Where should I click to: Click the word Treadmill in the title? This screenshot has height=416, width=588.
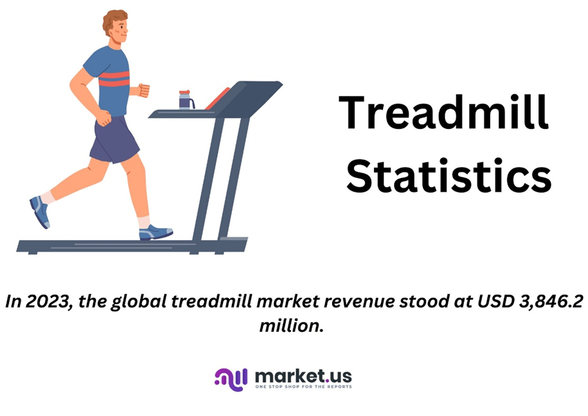(x=444, y=112)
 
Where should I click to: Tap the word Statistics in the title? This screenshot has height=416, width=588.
(x=449, y=176)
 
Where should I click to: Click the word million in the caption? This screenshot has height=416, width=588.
(x=291, y=325)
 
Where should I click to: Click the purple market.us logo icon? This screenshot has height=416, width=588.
(x=231, y=379)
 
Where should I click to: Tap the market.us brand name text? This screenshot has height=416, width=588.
(x=303, y=376)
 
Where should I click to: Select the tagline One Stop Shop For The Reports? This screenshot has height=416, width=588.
(x=304, y=386)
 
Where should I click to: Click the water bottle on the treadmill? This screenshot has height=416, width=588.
(x=186, y=100)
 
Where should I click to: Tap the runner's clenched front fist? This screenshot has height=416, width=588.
(x=144, y=90)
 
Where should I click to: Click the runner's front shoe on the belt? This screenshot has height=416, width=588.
(x=155, y=232)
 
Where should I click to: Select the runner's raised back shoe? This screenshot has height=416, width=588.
(x=40, y=212)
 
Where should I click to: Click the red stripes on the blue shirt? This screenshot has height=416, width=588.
(x=114, y=79)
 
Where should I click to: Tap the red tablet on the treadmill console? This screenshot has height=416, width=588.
(x=217, y=99)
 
